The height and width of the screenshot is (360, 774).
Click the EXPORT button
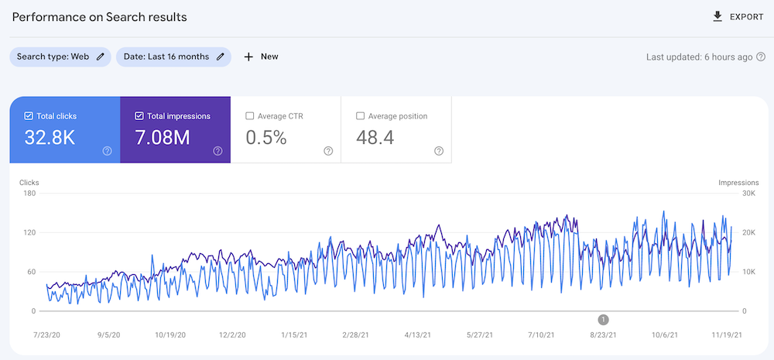(x=738, y=16)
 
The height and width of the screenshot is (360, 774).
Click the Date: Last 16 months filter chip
(x=173, y=57)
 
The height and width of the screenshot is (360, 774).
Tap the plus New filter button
(x=261, y=57)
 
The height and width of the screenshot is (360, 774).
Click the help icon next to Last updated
(x=762, y=57)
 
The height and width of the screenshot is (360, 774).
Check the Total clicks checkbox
(x=29, y=116)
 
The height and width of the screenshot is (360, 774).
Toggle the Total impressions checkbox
(x=139, y=116)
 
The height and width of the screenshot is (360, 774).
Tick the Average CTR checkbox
(x=249, y=116)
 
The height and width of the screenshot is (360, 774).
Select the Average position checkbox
(x=360, y=116)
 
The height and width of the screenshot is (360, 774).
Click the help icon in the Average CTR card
(x=328, y=151)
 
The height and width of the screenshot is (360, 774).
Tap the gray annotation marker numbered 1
(x=604, y=319)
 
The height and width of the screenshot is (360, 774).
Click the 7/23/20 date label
(x=47, y=335)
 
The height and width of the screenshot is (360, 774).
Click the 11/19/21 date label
(x=726, y=335)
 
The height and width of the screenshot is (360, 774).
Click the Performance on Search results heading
(x=99, y=16)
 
